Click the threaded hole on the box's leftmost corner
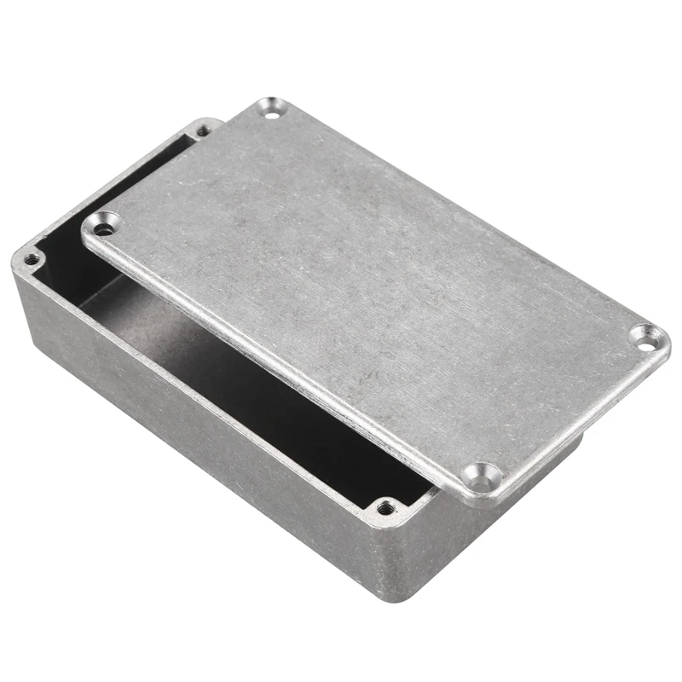coord(32,259)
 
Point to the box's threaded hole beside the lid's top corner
coord(203,130)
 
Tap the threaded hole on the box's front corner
coord(385,509)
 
